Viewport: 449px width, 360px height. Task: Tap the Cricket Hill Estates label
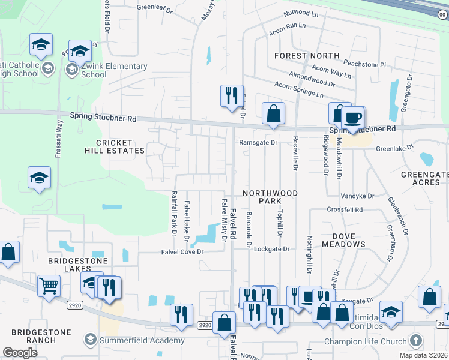pyautogui.click(x=120, y=146)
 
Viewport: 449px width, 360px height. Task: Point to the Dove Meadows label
pyautogui.click(x=343, y=240)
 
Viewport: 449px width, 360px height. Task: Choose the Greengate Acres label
pyautogui.click(x=425, y=178)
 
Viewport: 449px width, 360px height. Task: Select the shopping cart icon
pyautogui.click(x=49, y=286)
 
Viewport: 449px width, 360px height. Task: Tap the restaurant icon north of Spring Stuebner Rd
pyautogui.click(x=232, y=95)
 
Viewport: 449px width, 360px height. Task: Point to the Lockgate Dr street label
pyautogui.click(x=271, y=248)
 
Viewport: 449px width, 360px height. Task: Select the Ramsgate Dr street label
pyautogui.click(x=258, y=143)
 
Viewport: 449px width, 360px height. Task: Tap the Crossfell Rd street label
pyautogui.click(x=345, y=210)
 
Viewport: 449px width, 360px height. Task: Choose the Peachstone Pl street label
pyautogui.click(x=365, y=63)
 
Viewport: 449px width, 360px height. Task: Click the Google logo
pyautogui.click(x=20, y=353)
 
